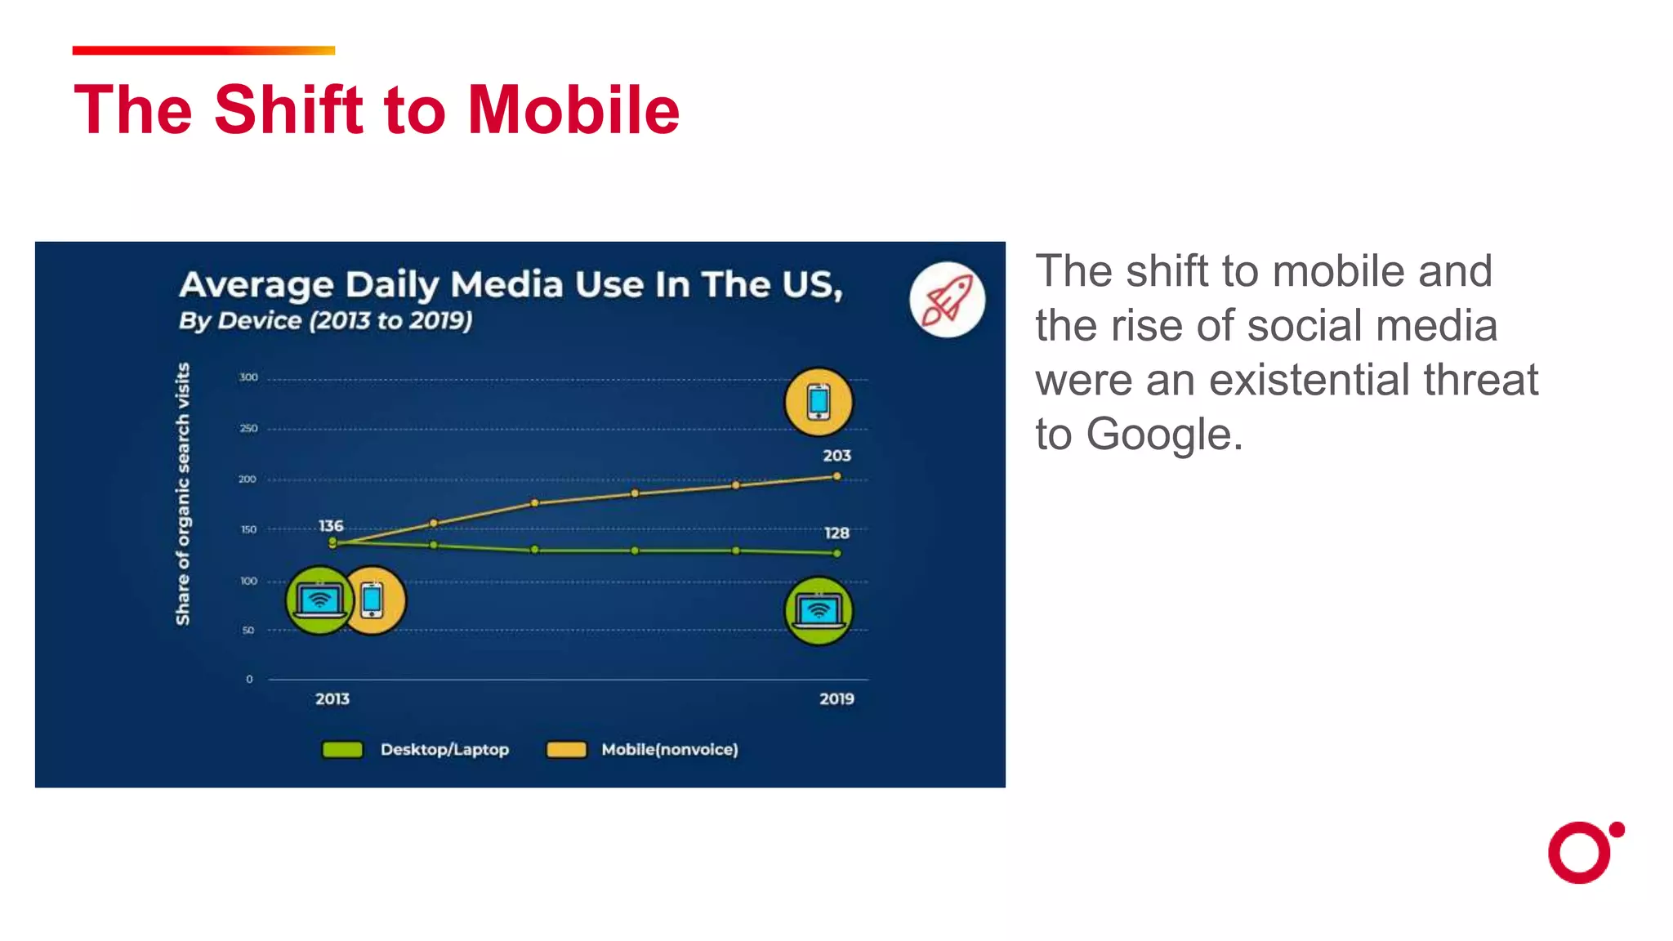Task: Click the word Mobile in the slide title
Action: coord(573,110)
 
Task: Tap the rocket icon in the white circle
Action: coord(947,300)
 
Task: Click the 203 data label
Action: coord(836,456)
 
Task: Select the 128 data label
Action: coord(836,533)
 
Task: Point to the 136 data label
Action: coord(331,526)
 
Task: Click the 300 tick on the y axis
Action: coord(248,377)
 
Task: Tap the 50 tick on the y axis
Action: coord(248,631)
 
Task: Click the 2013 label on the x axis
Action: coord(332,699)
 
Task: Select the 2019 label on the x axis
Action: coord(836,699)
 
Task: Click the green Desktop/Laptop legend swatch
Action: coord(342,750)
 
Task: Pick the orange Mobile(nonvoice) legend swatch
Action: coord(566,750)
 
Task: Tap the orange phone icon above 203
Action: coord(819,402)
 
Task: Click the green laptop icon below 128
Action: coord(819,611)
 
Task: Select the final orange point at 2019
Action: coord(836,476)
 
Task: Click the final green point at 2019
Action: coord(836,554)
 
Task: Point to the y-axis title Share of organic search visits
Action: coord(183,494)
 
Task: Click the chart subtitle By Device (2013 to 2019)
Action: coord(325,320)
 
